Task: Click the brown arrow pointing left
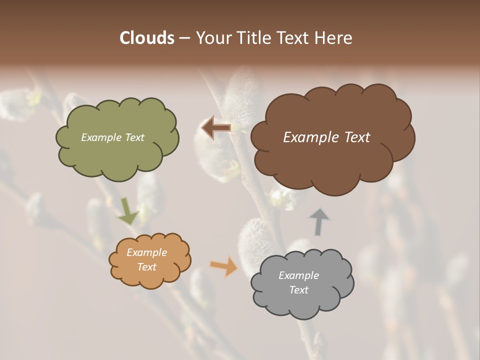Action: point(215,128)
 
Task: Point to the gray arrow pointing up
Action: point(318,222)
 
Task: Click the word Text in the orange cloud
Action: point(146,267)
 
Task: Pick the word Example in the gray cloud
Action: point(298,275)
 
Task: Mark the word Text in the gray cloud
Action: point(298,290)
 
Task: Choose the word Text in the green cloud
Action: point(133,137)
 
